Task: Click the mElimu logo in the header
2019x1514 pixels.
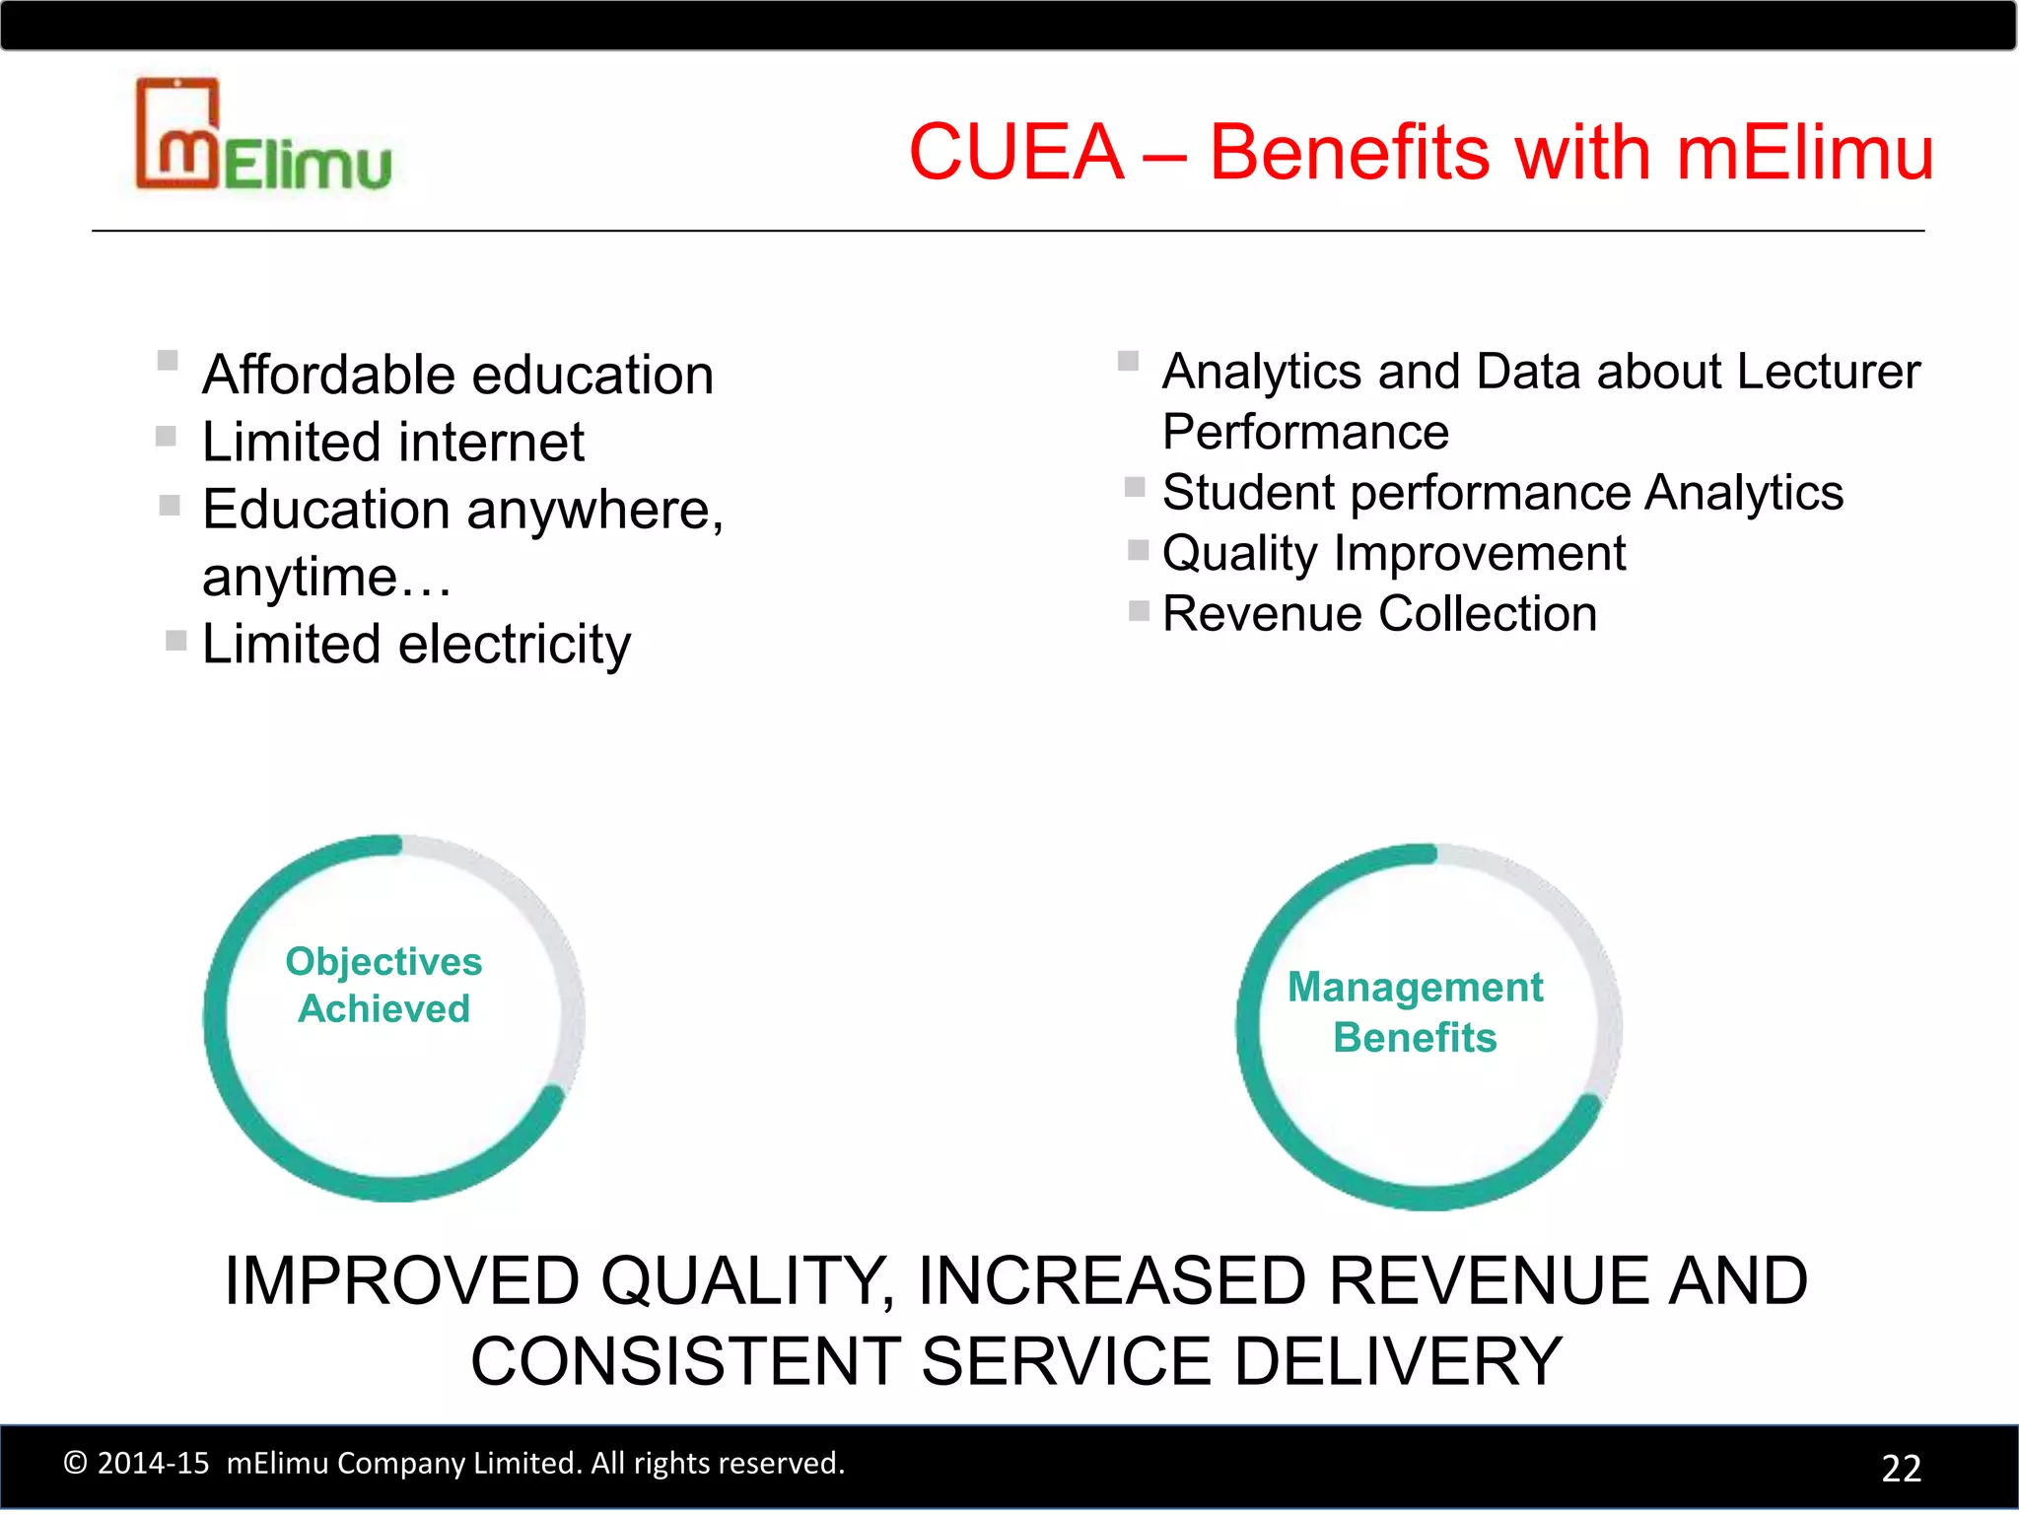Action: coord(262,136)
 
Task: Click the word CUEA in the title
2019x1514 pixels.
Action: coord(1015,153)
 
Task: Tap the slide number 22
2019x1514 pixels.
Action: coord(1901,1468)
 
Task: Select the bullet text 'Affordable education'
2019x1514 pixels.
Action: coord(457,376)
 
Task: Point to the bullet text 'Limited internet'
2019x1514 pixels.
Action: coord(392,443)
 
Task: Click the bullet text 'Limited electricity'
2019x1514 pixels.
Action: coord(416,646)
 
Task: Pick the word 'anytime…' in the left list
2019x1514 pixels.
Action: coord(326,578)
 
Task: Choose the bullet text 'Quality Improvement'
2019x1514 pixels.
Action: coord(1393,554)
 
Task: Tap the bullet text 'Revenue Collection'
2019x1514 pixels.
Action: coord(1379,614)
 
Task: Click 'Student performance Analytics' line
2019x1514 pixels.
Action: coord(1501,493)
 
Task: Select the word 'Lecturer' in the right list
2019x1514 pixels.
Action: coord(1828,373)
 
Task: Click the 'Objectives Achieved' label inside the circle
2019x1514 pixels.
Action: coord(383,985)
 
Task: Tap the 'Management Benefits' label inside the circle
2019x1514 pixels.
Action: coord(1415,1012)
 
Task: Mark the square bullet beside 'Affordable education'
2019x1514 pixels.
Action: coord(168,360)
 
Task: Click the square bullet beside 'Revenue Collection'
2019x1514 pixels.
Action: coord(1139,611)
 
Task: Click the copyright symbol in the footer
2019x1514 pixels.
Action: coord(75,1463)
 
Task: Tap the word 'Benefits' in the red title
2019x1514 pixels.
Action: coord(1349,153)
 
